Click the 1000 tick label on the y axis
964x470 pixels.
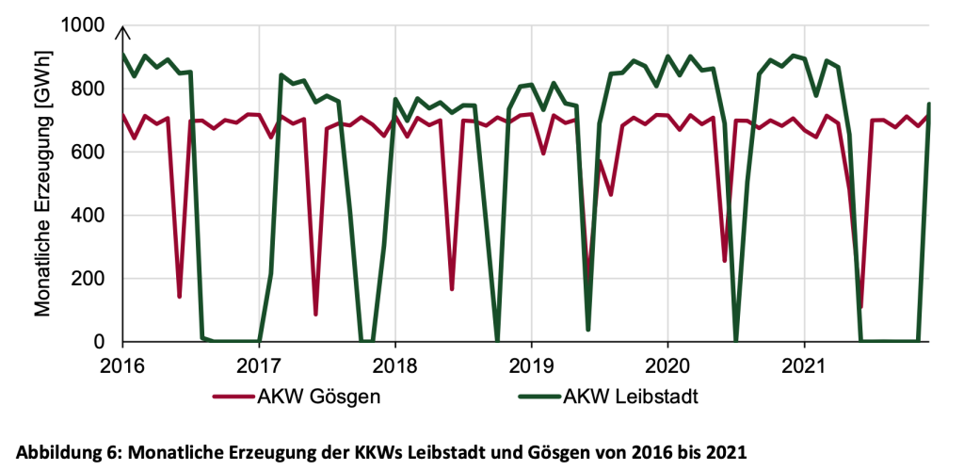pos(85,25)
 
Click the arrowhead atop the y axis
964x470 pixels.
pos(122,31)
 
